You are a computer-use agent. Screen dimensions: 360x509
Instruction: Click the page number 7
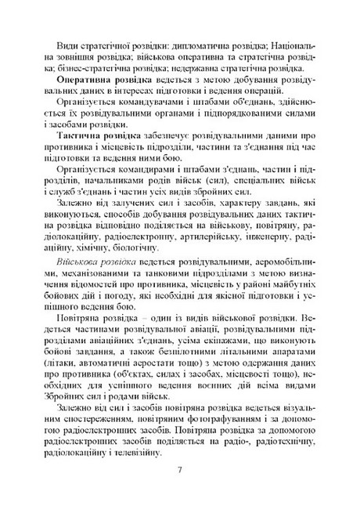point(180,470)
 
